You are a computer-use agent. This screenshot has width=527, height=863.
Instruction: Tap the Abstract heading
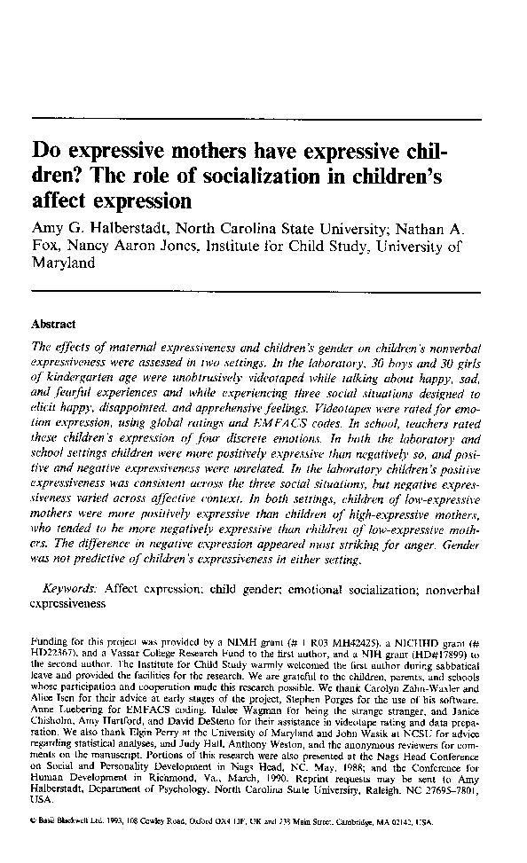[53, 326]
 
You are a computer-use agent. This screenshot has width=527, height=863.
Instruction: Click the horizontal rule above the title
[256, 119]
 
